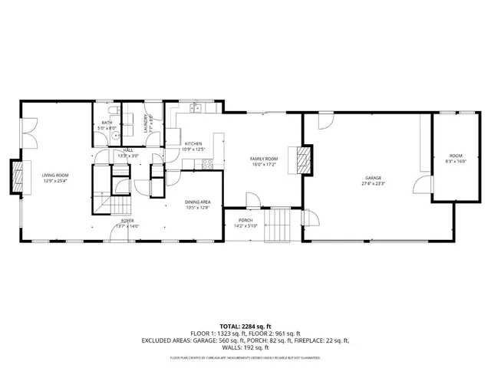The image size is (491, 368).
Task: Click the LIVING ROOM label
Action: (54, 175)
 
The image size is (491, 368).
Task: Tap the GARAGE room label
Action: (374, 178)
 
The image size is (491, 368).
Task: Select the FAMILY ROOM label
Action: (264, 159)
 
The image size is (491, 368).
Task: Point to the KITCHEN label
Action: (193, 143)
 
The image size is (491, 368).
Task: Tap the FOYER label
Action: (127, 221)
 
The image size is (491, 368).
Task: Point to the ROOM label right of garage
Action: (456, 157)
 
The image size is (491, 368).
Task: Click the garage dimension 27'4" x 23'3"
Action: (374, 183)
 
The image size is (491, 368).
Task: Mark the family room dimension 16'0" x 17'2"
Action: (264, 164)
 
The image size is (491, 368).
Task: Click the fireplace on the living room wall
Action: (15, 176)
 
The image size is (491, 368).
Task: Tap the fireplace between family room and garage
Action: (305, 159)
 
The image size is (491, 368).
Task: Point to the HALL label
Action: (127, 150)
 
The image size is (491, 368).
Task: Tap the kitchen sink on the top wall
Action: (196, 109)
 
